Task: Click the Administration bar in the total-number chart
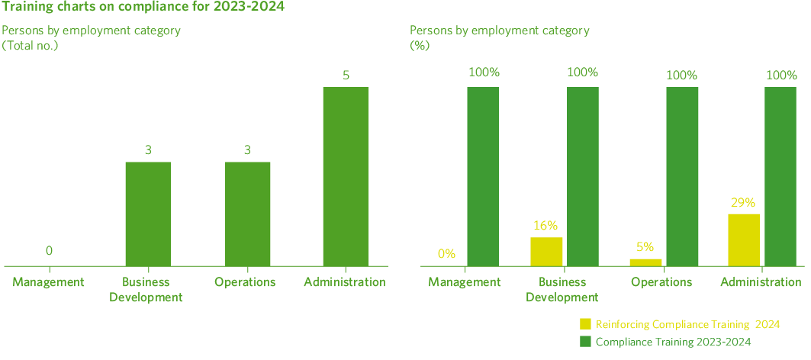(x=346, y=176)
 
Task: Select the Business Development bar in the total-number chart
(x=148, y=214)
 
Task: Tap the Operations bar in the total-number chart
(x=247, y=214)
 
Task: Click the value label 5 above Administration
(x=346, y=76)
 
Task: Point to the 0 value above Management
(x=49, y=250)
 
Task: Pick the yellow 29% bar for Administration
(x=744, y=239)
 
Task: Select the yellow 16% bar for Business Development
(x=546, y=251)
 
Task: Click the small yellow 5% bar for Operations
(x=645, y=262)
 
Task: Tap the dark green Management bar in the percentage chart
(x=483, y=176)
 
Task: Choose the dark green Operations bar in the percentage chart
(x=682, y=176)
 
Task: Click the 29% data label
(x=743, y=203)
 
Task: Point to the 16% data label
(x=545, y=226)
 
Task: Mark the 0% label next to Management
(x=446, y=253)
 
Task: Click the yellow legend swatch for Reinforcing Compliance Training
(x=586, y=324)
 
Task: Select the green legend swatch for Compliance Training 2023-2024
(x=586, y=341)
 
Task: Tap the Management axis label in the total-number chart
(x=48, y=282)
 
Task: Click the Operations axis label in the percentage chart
(x=661, y=282)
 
